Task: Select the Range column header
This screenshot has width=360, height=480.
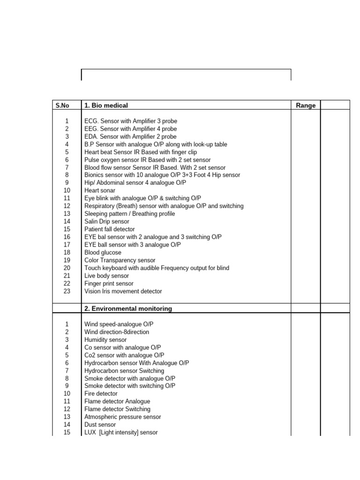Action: click(306, 105)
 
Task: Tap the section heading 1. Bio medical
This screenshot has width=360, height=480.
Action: click(106, 105)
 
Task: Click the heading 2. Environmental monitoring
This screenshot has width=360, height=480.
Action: click(128, 308)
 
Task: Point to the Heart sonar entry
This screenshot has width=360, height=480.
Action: click(99, 190)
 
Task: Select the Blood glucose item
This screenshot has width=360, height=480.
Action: click(103, 252)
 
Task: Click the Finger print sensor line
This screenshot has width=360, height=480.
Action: click(109, 283)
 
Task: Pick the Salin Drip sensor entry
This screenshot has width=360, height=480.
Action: click(107, 221)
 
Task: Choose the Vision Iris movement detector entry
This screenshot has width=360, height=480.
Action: click(123, 291)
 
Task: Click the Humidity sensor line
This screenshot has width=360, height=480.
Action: click(105, 339)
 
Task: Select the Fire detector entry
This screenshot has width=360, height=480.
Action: click(101, 393)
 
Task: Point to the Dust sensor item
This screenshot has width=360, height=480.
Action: click(100, 424)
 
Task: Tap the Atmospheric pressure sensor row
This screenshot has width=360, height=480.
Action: click(122, 417)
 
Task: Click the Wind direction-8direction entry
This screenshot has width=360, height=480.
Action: click(117, 332)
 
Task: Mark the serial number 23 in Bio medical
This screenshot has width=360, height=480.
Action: click(67, 291)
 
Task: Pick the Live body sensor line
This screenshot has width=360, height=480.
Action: click(106, 276)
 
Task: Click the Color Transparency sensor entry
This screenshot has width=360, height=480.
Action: click(120, 260)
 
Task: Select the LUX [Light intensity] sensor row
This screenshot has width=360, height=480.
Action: click(121, 432)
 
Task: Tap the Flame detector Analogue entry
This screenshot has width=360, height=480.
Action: click(117, 401)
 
